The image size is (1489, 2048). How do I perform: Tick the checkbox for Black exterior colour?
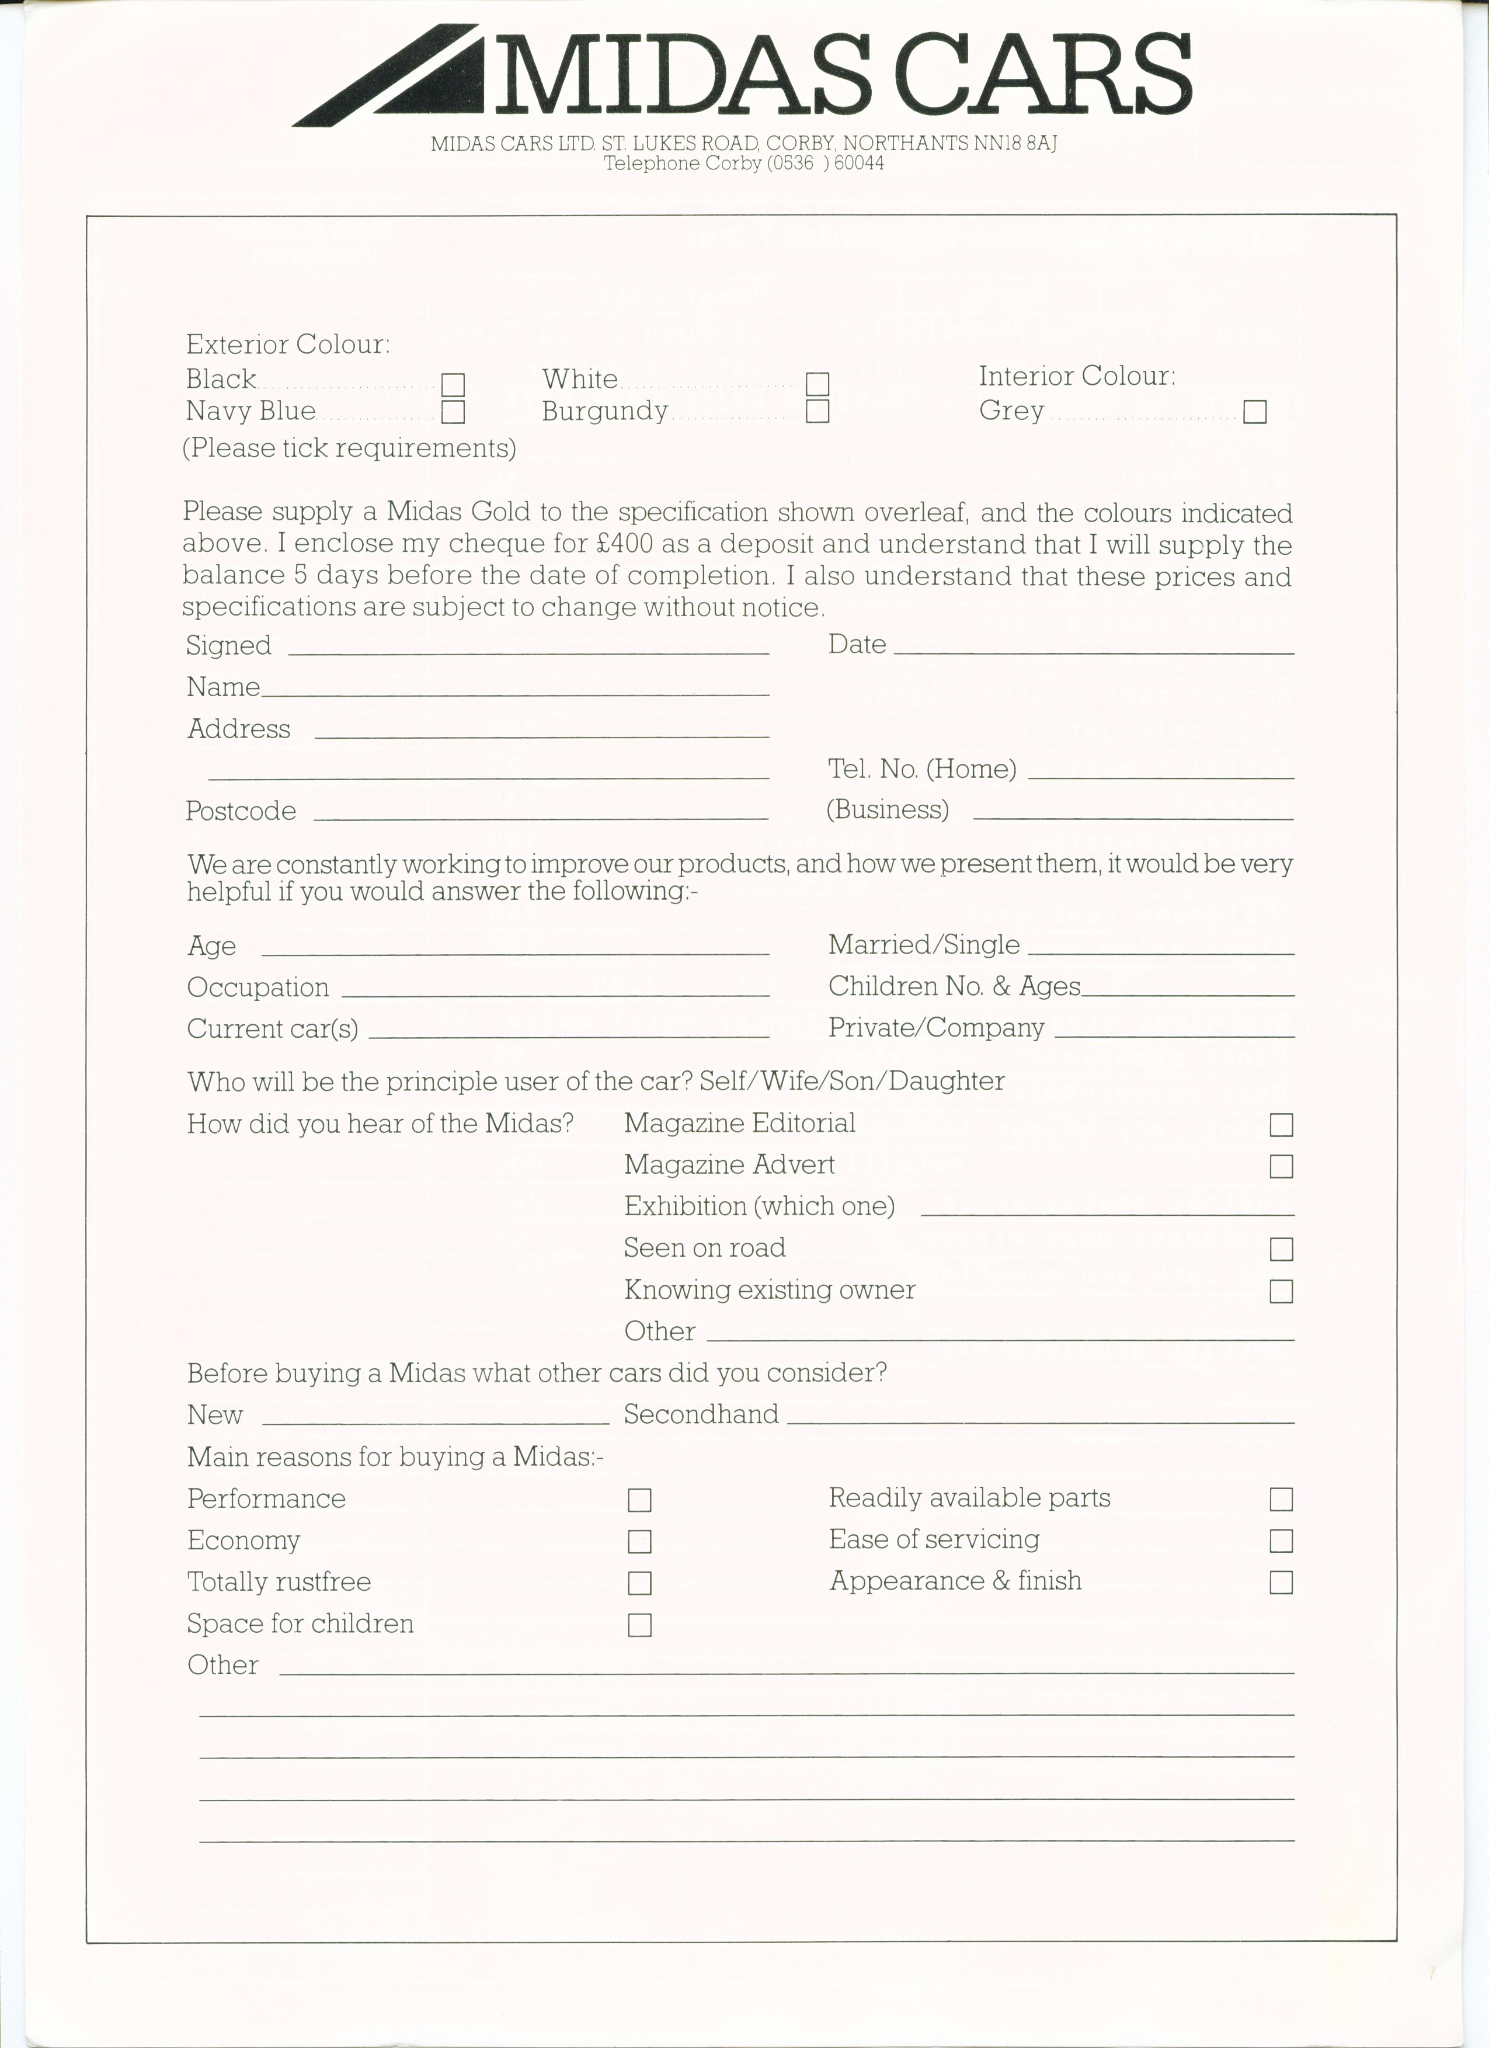click(453, 385)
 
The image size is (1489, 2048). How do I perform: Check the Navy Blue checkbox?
click(453, 413)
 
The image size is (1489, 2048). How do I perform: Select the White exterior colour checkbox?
click(817, 384)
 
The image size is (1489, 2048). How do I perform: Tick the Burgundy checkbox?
click(817, 412)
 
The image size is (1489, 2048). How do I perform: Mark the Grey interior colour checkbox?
click(1255, 412)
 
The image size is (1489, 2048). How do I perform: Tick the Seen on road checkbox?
click(1281, 1249)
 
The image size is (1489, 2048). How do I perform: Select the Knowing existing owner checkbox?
click(1281, 1291)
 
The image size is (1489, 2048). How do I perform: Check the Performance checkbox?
click(639, 1500)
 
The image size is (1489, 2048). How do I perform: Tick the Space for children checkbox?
click(639, 1625)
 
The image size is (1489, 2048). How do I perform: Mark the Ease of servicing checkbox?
click(1281, 1541)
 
